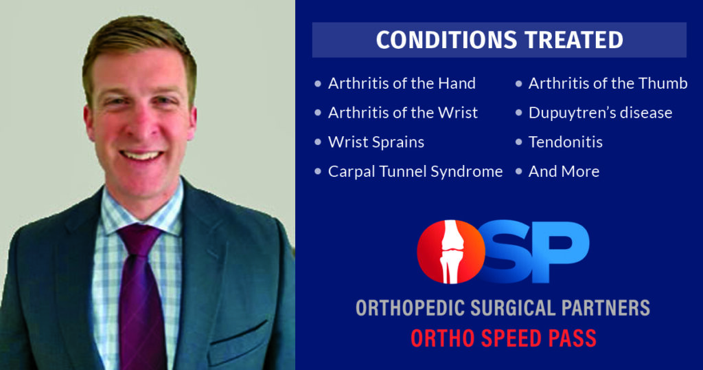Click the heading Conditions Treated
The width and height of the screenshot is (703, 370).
click(499, 40)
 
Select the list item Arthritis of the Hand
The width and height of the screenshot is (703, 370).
click(402, 83)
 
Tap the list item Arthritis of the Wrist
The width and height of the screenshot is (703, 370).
click(403, 112)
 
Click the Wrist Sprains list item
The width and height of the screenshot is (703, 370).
click(376, 142)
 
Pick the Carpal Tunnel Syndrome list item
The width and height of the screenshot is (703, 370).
click(415, 171)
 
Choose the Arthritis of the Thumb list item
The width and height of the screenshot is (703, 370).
click(608, 83)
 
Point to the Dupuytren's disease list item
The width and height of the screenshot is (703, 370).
click(600, 112)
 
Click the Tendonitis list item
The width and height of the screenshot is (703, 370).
click(565, 142)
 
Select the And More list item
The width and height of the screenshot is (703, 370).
click(564, 171)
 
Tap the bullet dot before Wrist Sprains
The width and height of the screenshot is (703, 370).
click(317, 142)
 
